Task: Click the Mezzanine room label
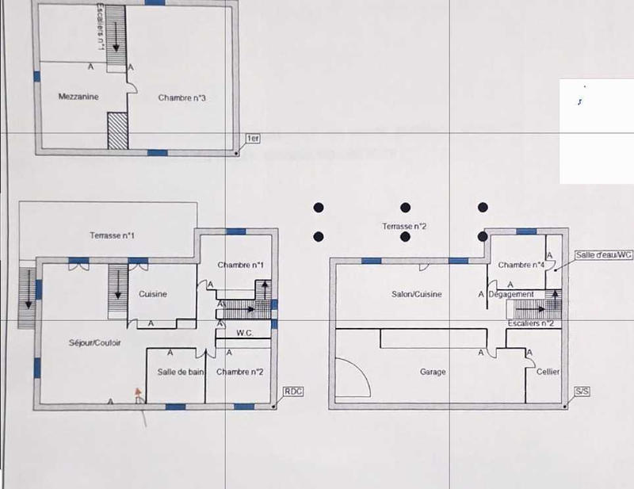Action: click(78, 96)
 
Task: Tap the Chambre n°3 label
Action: click(182, 98)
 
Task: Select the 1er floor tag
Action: click(254, 139)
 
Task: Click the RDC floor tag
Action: click(293, 392)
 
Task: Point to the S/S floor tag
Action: click(581, 392)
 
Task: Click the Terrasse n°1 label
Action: click(112, 235)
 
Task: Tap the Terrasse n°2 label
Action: click(404, 227)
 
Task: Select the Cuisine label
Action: click(153, 294)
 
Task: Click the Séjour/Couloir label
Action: click(94, 342)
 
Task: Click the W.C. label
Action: click(244, 334)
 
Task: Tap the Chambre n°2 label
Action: click(239, 372)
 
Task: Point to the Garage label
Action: click(433, 372)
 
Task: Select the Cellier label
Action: click(548, 372)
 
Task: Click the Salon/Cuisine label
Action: click(417, 294)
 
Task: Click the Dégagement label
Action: click(511, 294)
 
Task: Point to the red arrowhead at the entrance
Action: click(138, 391)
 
